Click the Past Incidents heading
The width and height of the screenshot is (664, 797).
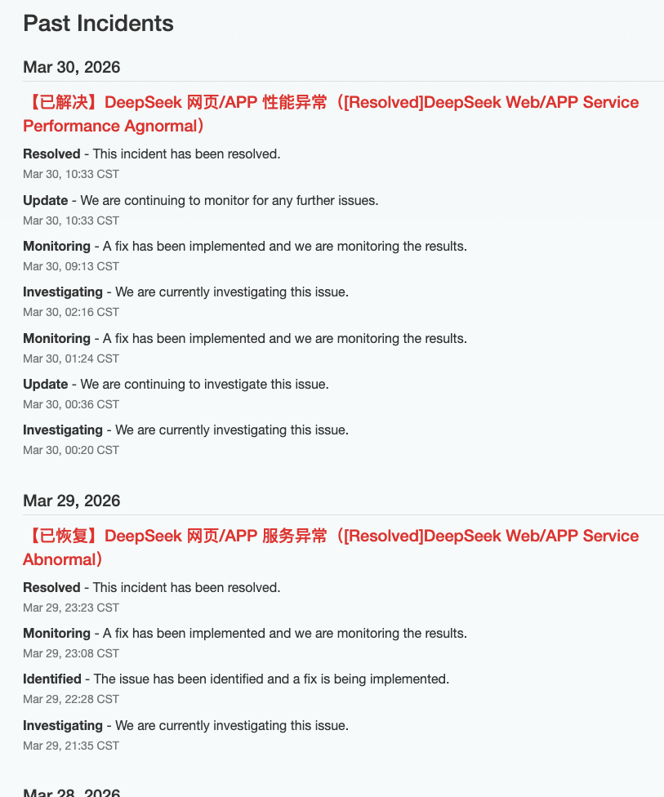click(x=98, y=24)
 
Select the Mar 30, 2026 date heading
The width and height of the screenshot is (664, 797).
click(x=72, y=67)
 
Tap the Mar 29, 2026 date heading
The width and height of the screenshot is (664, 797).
click(x=72, y=501)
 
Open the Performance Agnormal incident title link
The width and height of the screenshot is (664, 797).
click(x=331, y=114)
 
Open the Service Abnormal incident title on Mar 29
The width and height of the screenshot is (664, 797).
click(x=331, y=547)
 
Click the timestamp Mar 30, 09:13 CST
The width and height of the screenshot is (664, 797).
click(x=71, y=266)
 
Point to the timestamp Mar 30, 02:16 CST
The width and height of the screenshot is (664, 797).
click(x=71, y=312)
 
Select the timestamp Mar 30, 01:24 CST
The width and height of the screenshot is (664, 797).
click(x=71, y=358)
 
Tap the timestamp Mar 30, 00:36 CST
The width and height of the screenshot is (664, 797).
click(x=71, y=404)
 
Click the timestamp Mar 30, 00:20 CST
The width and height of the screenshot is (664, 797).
click(x=71, y=450)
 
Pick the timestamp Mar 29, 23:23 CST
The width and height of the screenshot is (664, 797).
click(x=71, y=608)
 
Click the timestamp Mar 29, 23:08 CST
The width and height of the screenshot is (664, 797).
click(x=71, y=653)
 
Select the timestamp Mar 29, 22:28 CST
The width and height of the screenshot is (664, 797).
click(x=71, y=699)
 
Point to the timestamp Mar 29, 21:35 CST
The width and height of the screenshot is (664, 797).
click(x=71, y=746)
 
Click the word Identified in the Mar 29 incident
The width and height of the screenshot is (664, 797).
click(x=52, y=679)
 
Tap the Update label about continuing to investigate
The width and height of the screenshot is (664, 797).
click(x=46, y=384)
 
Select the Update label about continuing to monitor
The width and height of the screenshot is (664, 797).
click(x=46, y=200)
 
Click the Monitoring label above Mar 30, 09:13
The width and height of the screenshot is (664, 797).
click(x=56, y=246)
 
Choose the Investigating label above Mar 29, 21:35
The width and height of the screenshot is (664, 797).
click(x=63, y=725)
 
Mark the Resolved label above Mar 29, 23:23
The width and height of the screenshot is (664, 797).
click(x=51, y=587)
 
